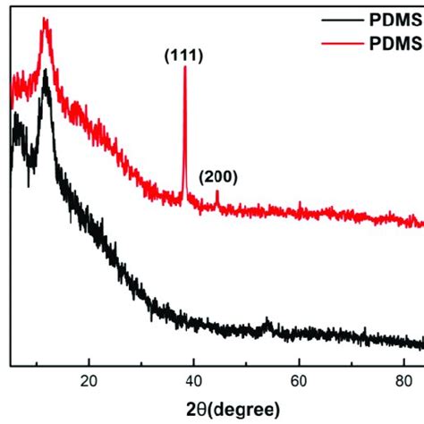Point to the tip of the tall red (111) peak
184,68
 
